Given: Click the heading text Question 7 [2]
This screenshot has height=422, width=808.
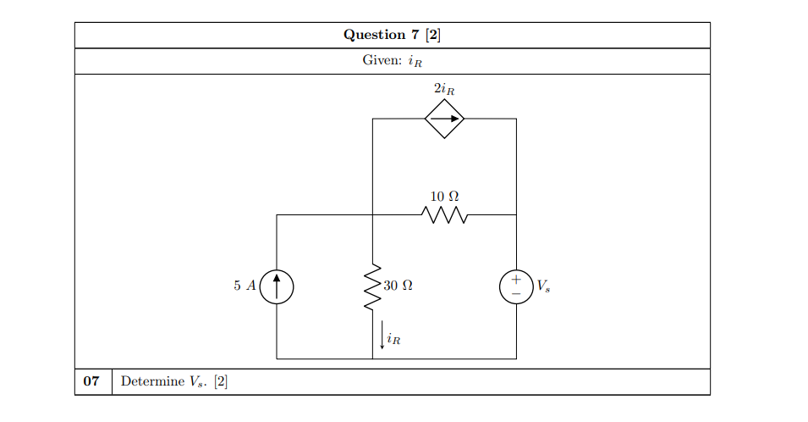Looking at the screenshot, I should click(x=392, y=35).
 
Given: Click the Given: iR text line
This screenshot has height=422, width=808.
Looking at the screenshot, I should click(x=392, y=61).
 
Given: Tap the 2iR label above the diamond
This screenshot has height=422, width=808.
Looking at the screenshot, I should click(x=444, y=88).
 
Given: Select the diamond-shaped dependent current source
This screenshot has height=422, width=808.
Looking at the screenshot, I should click(x=444, y=119).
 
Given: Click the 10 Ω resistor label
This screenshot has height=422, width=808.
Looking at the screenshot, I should click(x=444, y=197).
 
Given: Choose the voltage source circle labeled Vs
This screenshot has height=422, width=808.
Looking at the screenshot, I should click(x=516, y=286).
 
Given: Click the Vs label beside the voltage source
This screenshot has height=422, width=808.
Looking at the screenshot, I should click(x=542, y=286).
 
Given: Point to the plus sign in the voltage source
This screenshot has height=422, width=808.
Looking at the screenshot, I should click(x=516, y=279).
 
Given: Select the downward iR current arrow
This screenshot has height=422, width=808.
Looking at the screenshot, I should click(x=382, y=337).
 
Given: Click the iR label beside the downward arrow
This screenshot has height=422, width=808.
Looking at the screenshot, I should click(x=393, y=340).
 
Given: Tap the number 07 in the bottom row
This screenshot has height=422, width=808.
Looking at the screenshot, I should click(x=92, y=381).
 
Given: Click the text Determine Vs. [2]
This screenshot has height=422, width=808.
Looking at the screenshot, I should click(x=174, y=381).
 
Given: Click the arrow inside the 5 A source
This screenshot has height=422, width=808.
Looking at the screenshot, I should click(x=277, y=285).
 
